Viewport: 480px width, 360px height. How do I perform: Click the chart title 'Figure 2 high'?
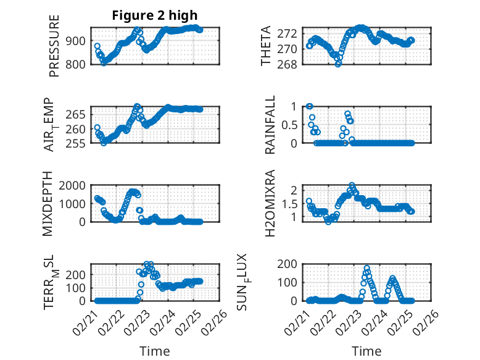(x=155, y=15)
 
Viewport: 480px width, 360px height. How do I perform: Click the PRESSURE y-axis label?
(x=54, y=45)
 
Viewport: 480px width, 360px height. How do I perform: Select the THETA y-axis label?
(x=266, y=45)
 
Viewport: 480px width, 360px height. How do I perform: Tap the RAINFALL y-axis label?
(x=270, y=124)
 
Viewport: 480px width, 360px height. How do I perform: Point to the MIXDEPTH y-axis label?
(x=48, y=203)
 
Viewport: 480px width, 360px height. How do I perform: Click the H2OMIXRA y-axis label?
(x=270, y=203)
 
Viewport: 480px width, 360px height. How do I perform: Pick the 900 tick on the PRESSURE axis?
(x=77, y=41)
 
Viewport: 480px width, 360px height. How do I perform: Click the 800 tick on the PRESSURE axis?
(x=77, y=64)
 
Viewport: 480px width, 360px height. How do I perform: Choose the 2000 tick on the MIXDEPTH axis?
(x=74, y=185)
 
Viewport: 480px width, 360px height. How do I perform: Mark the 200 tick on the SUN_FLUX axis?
(x=291, y=264)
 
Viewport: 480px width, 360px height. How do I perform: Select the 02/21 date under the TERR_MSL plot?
(x=84, y=320)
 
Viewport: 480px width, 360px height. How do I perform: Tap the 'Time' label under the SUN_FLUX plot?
(x=366, y=351)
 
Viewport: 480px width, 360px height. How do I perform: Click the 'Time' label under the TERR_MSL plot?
(x=155, y=351)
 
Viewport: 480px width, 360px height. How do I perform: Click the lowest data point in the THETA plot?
(x=338, y=64)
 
